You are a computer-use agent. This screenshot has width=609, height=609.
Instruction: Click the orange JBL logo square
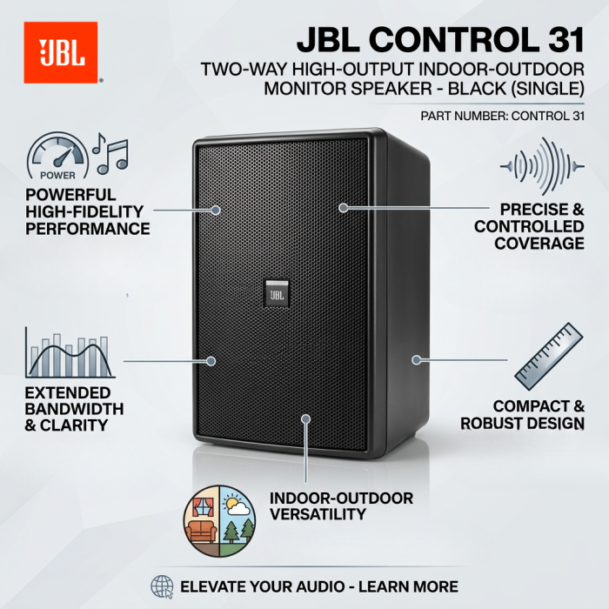point(61,52)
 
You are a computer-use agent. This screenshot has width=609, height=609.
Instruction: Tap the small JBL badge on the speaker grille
point(278,294)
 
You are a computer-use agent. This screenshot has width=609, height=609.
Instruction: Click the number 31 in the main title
point(566,40)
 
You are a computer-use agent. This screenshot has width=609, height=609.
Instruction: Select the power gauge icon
point(58,156)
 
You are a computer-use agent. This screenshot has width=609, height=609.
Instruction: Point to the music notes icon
point(110,153)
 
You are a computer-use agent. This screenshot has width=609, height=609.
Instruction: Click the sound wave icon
point(542,166)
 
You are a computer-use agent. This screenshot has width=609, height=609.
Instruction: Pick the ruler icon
point(549,357)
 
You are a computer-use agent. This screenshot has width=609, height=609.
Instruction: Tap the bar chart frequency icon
point(70,352)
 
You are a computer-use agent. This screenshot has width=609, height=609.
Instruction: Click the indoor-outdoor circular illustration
point(219,521)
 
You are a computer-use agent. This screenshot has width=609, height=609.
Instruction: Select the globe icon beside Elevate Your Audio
point(162,587)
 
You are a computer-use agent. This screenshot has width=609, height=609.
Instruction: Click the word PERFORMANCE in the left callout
point(88,229)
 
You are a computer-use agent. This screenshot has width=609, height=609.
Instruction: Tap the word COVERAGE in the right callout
point(539,244)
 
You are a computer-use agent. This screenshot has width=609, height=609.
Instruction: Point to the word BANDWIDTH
point(74,409)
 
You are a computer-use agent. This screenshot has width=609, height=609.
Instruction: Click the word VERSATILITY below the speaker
point(318,514)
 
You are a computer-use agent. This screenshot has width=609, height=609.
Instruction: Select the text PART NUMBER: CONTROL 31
point(503,116)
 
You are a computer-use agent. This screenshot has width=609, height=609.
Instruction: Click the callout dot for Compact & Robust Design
point(417,360)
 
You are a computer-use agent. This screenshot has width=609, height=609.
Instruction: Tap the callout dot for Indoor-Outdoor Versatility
point(306,418)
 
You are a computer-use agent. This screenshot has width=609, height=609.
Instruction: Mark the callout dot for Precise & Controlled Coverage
point(343,208)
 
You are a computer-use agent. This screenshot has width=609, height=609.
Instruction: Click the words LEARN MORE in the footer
point(408,587)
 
